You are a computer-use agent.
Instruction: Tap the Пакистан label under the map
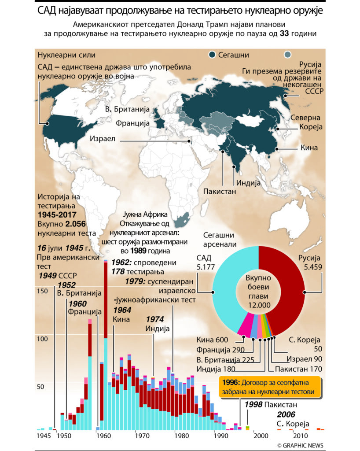[220, 191]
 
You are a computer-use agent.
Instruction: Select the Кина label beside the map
[309, 148]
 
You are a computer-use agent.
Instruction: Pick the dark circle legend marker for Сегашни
[212, 55]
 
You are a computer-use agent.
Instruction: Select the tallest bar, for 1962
[106, 344]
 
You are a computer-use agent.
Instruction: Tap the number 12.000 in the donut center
[258, 306]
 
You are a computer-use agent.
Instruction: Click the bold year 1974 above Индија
[155, 319]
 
